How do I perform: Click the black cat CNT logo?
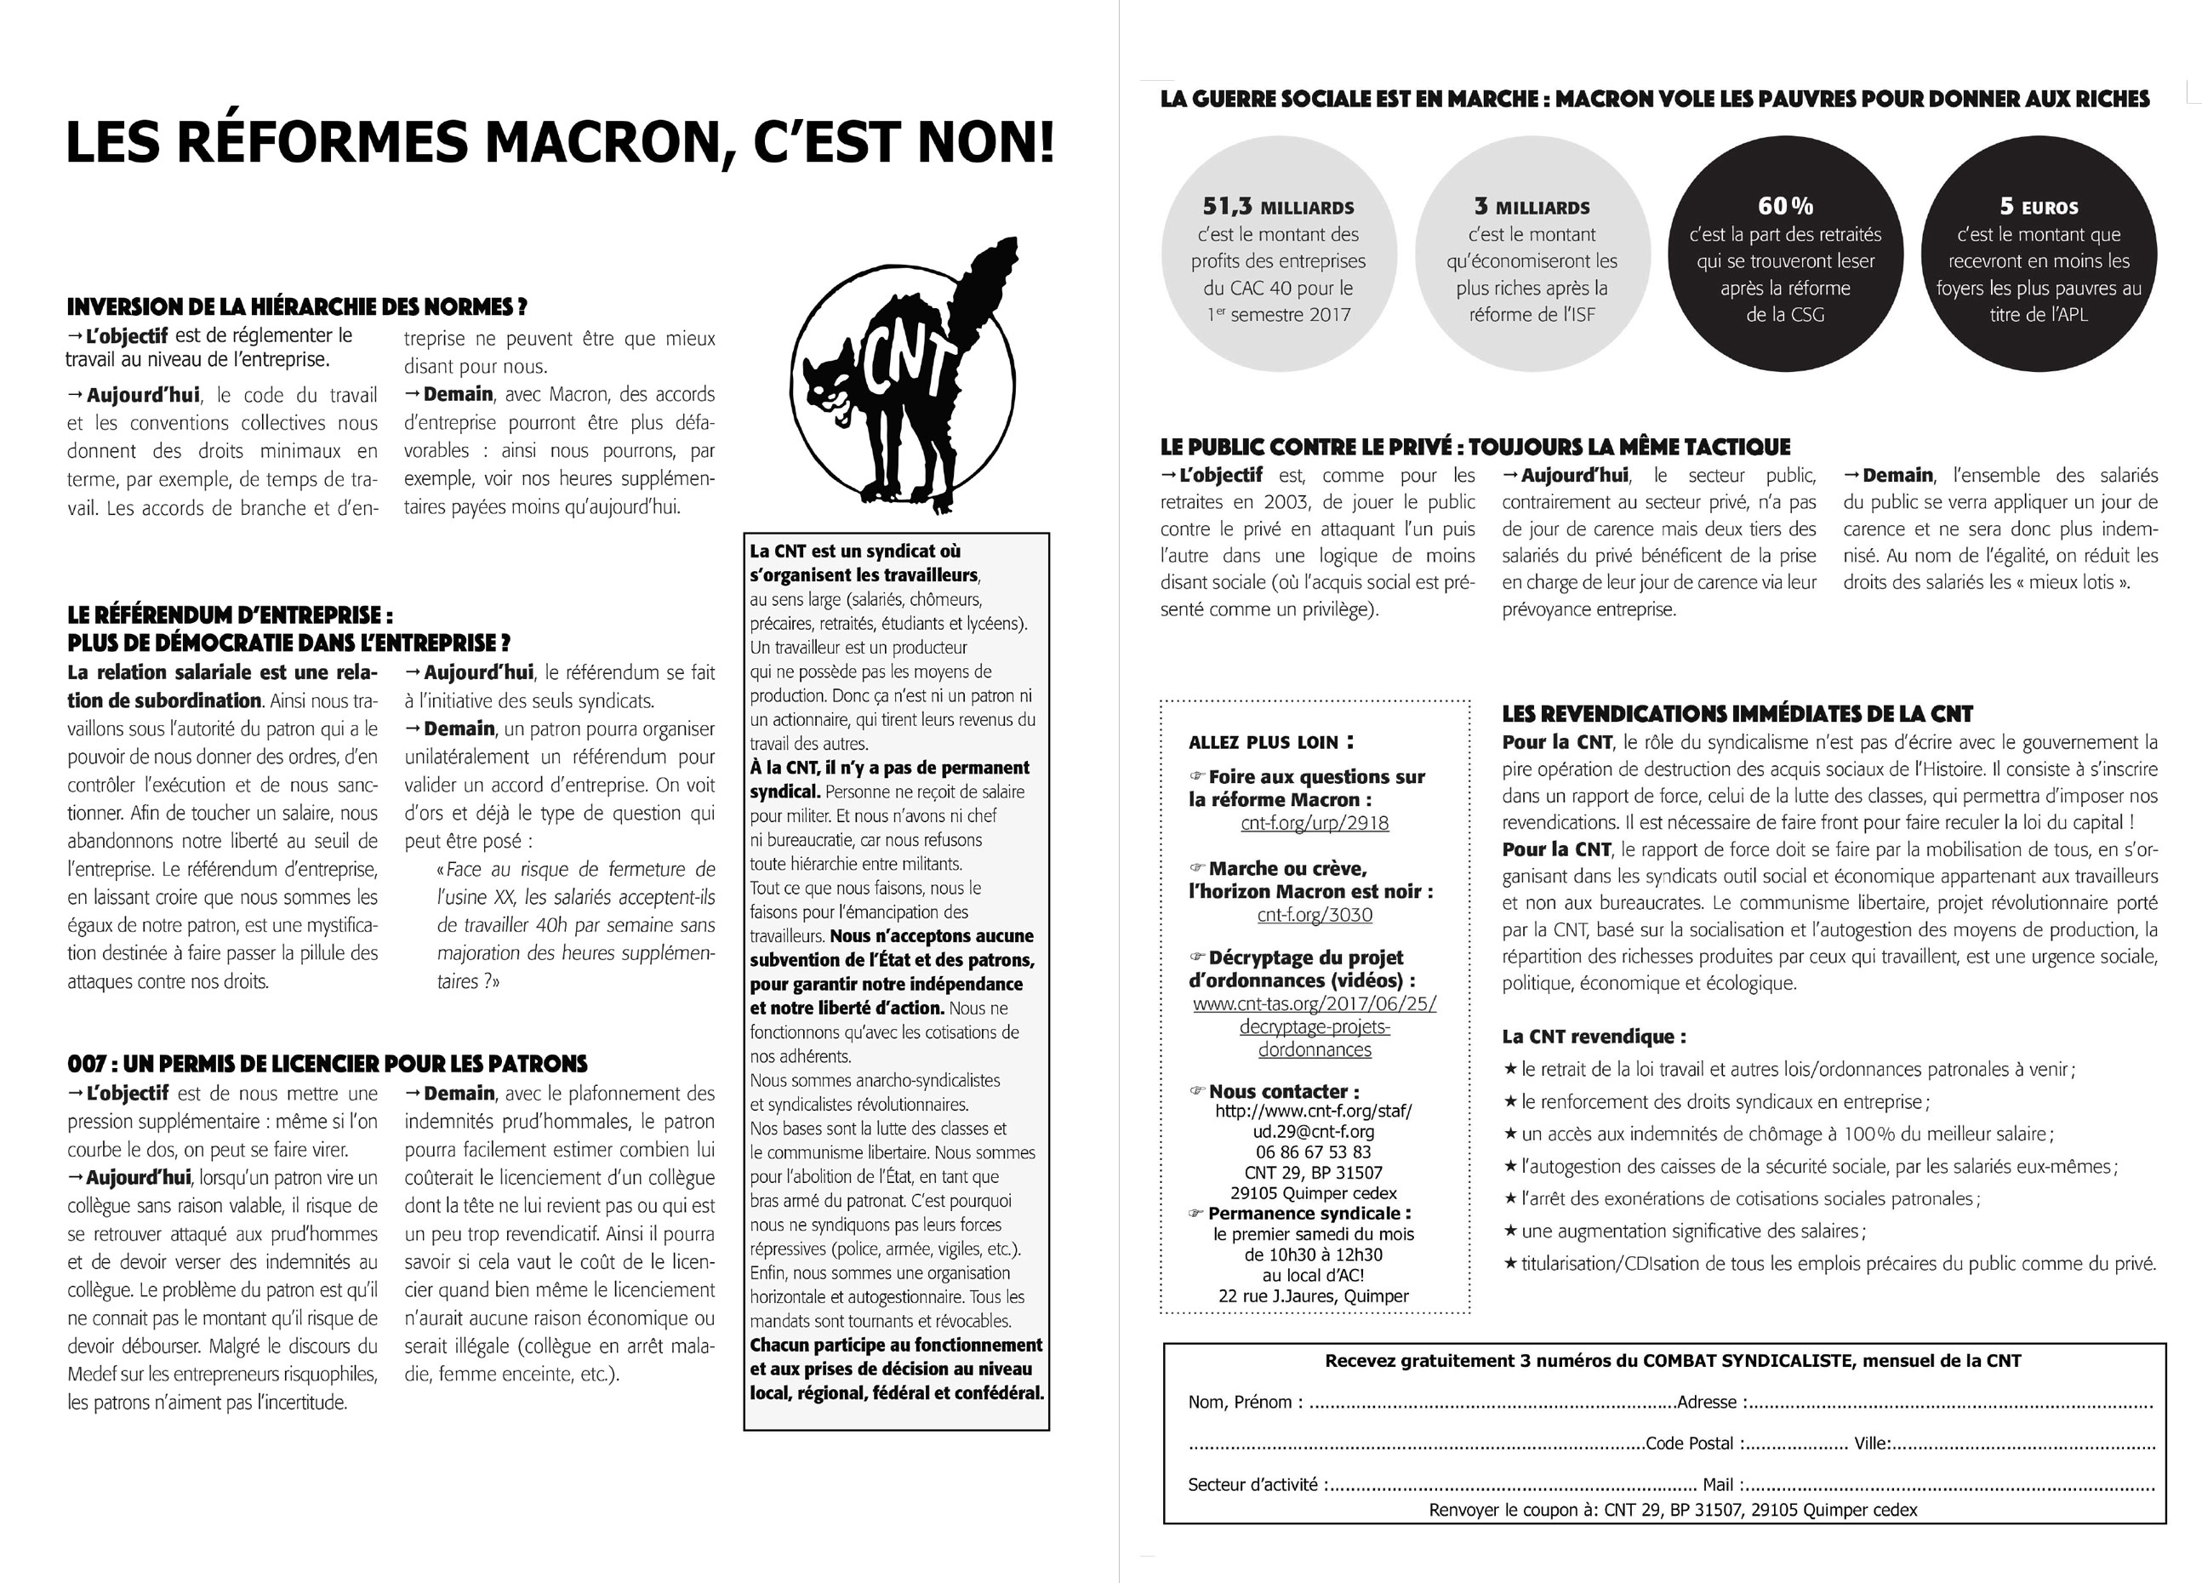click(908, 379)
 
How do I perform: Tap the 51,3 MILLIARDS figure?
click(1278, 207)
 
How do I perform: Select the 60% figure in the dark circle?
click(1784, 206)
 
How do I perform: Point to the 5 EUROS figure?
click(2038, 207)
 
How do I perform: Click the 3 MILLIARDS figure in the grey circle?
click(1532, 207)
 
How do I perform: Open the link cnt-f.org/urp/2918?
click(1314, 823)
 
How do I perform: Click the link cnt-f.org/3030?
click(1314, 914)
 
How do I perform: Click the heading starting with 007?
click(328, 1064)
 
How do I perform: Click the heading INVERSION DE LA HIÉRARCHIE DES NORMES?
click(296, 307)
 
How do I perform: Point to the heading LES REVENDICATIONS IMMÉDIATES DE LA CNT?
click(1737, 714)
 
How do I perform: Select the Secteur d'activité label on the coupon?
click(1253, 1484)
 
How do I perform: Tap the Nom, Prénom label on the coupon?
click(1240, 1403)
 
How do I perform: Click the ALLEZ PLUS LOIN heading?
click(1271, 743)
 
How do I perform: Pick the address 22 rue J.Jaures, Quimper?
click(1314, 1295)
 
